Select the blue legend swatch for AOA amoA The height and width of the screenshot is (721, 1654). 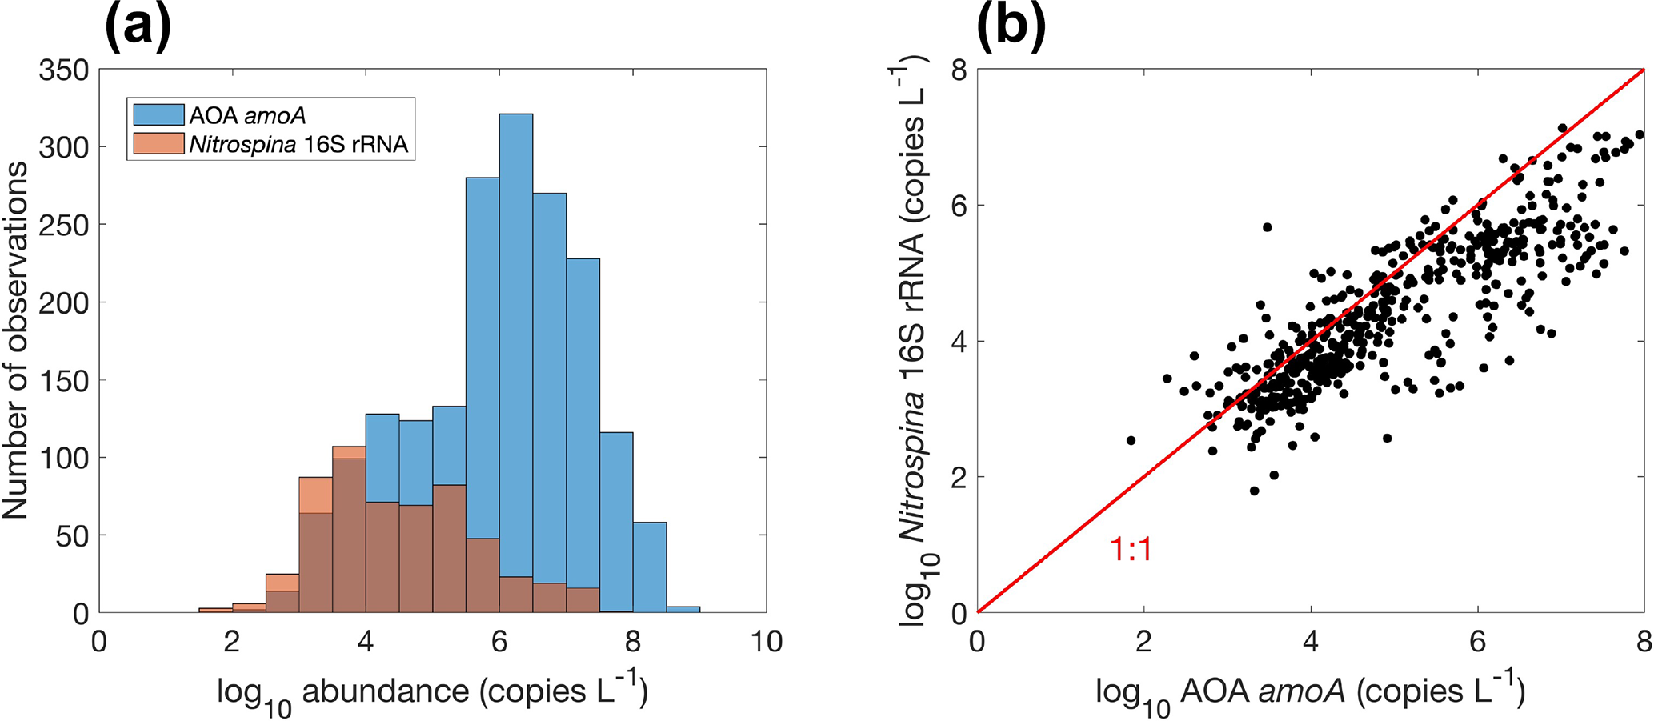[x=158, y=114]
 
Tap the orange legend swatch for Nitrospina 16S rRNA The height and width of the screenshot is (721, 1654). [x=158, y=144]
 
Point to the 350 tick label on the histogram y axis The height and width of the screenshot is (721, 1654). [x=64, y=70]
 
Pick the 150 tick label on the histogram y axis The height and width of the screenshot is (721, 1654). [x=64, y=381]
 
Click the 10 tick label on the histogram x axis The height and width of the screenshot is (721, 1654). [x=766, y=642]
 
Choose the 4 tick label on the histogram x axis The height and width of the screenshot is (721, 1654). [x=366, y=642]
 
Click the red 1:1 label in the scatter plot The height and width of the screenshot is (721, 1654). [x=1131, y=550]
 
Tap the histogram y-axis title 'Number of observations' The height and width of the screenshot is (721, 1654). [x=16, y=340]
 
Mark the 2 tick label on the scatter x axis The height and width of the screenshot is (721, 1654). [x=1143, y=642]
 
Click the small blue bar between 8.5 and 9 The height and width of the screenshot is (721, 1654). [x=683, y=610]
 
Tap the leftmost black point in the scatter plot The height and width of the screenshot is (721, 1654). [x=1131, y=440]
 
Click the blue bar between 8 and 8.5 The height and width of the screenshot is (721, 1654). [x=650, y=568]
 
